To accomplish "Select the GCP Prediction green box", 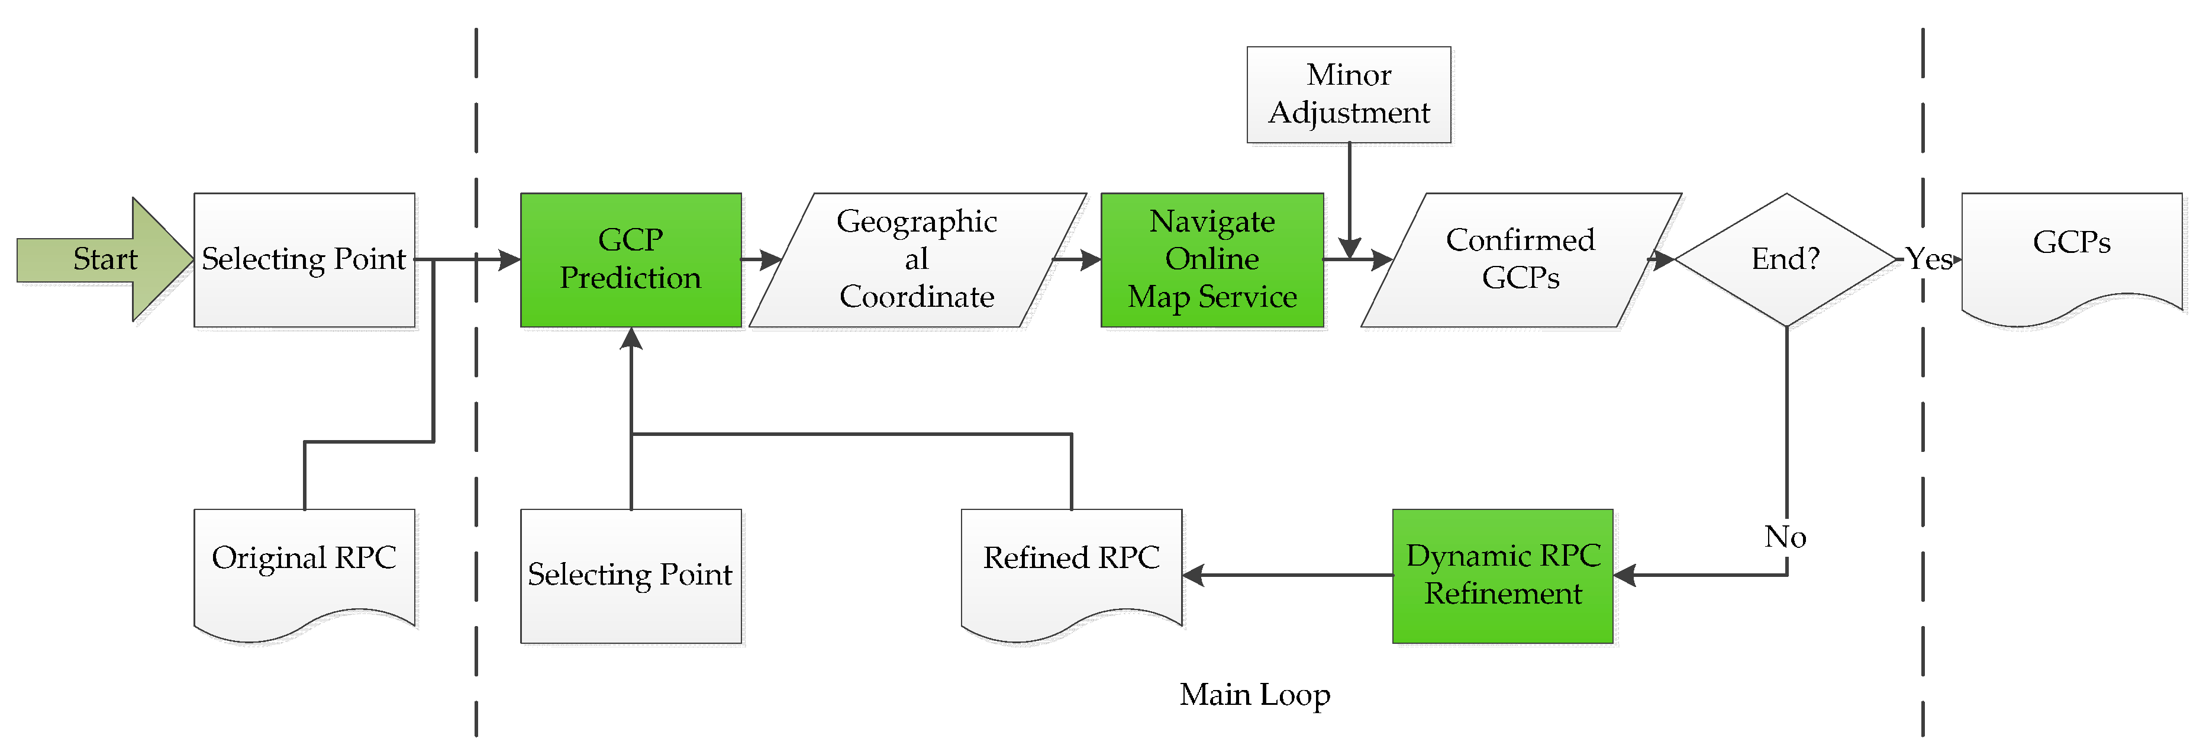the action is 630,259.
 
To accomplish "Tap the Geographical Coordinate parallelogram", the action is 916,259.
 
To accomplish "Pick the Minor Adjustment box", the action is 1348,94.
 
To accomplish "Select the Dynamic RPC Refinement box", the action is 1502,575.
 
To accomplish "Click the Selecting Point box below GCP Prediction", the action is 630,575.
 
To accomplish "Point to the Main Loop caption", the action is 1254,694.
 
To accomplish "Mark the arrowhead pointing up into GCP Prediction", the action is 631,339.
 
